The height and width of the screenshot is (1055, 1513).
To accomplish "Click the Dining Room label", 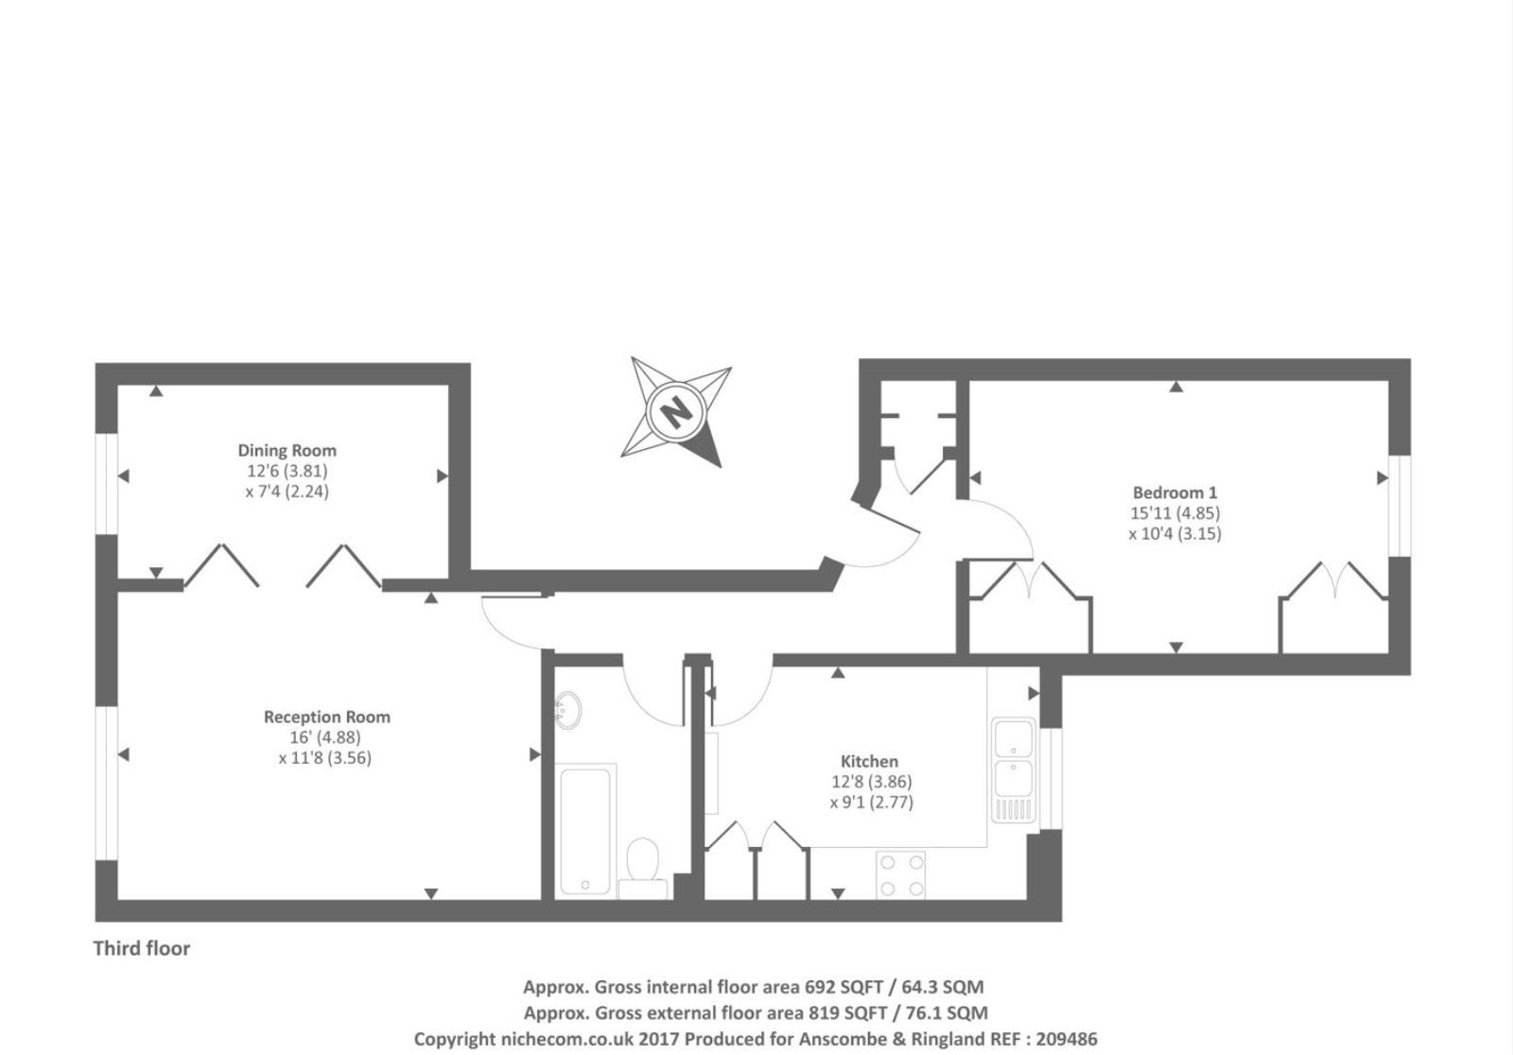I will pos(287,451).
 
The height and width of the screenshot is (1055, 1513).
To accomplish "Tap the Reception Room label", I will pos(326,718).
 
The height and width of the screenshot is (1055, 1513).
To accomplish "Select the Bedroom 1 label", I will pos(1174,493).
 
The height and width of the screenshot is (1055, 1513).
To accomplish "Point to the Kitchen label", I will pos(869,762).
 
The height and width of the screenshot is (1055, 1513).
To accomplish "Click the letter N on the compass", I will pos(675,413).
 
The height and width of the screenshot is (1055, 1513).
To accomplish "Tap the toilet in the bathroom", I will pos(644,866).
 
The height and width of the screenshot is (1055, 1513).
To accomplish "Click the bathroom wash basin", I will pos(568,709).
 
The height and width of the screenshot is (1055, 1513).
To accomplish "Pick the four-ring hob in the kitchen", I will pos(900,874).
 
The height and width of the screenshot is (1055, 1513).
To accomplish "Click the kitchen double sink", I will pos(1013,768).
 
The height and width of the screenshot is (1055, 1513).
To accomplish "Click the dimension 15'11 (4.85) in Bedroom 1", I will pos(1174,513).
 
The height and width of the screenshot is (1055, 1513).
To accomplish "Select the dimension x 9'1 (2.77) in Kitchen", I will pos(871,803).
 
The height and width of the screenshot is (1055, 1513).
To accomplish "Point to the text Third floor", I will pos(142,948).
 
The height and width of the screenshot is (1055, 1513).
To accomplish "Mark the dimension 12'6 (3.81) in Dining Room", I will pos(287,471).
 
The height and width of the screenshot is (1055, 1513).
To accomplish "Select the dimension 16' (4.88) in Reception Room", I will pos(325,737).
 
